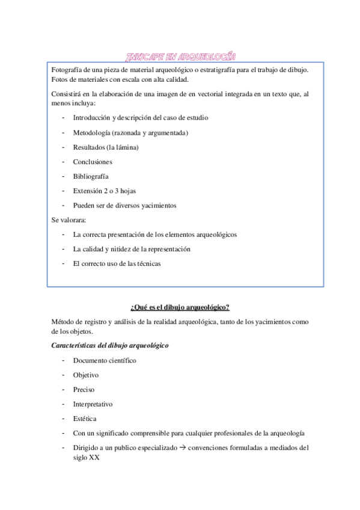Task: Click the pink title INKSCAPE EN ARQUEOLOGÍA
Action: (x=180, y=57)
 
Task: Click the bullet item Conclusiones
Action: (x=93, y=162)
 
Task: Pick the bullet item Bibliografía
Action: (x=91, y=176)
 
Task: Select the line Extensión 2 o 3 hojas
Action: (x=105, y=191)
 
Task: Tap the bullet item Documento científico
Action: (x=105, y=361)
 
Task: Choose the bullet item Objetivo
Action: (x=86, y=375)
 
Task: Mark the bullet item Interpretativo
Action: (x=93, y=404)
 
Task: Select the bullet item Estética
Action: (x=85, y=419)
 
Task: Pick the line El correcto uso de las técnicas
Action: (x=117, y=263)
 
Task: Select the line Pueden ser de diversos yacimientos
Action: (x=124, y=206)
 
